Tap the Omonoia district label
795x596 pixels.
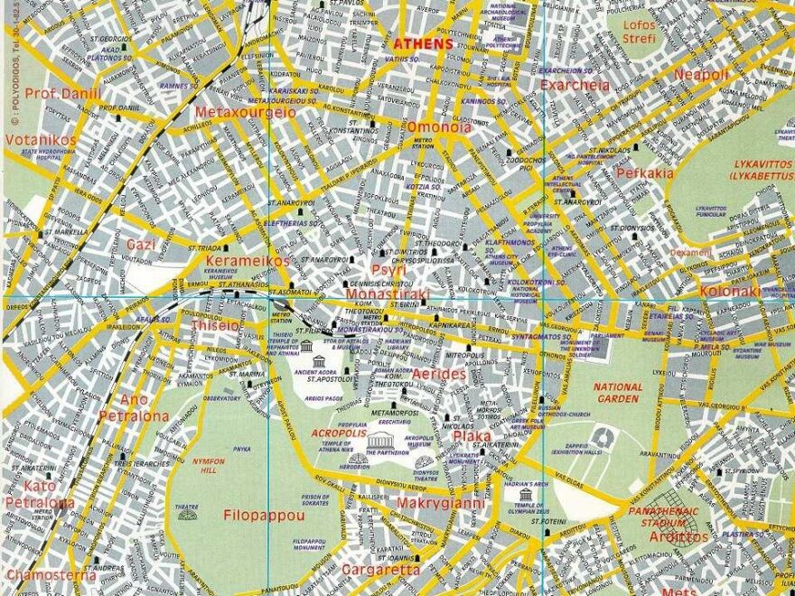[439, 127]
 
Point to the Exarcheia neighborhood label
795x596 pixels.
[575, 85]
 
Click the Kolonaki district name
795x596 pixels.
[730, 291]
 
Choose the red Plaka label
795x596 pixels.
[472, 436]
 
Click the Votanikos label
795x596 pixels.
[41, 140]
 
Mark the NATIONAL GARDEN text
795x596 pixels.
[619, 393]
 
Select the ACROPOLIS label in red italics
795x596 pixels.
[339, 433]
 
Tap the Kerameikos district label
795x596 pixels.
[248, 261]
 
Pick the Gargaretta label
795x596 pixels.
[379, 570]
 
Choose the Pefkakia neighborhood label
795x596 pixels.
[644, 172]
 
